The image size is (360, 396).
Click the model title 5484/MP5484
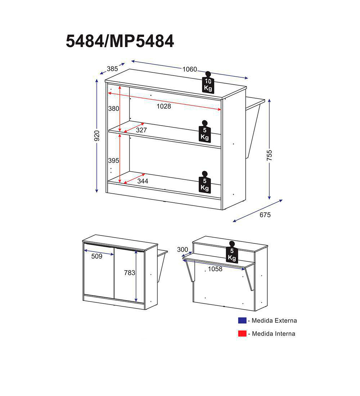pyautogui.click(x=120, y=41)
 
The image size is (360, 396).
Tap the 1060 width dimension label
pyautogui.click(x=190, y=69)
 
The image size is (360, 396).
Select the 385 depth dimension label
pyautogui.click(x=112, y=68)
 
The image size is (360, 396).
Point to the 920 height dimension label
pyautogui.click(x=97, y=136)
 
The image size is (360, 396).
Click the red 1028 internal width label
pyautogui.click(x=164, y=106)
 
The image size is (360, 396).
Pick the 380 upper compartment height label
pyautogui.click(x=113, y=108)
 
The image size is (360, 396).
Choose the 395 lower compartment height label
pyautogui.click(x=113, y=160)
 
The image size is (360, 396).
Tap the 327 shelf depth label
pyautogui.click(x=141, y=130)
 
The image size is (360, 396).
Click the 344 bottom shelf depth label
pyautogui.click(x=143, y=181)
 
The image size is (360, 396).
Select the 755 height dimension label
pyautogui.click(x=270, y=156)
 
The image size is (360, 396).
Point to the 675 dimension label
pyautogui.click(x=265, y=215)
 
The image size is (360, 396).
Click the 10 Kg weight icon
pyautogui.click(x=208, y=82)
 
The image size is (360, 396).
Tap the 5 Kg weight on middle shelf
pyautogui.click(x=205, y=131)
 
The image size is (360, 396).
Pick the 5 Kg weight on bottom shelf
pyautogui.click(x=204, y=182)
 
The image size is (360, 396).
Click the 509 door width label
pyautogui.click(x=97, y=256)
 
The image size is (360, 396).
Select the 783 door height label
pyautogui.click(x=130, y=273)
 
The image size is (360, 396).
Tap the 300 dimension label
pyautogui.click(x=183, y=249)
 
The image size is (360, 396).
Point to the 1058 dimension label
pyautogui.click(x=215, y=269)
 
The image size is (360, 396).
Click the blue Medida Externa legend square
pyautogui.click(x=242, y=320)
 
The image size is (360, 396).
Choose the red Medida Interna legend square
pyautogui.click(x=242, y=333)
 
